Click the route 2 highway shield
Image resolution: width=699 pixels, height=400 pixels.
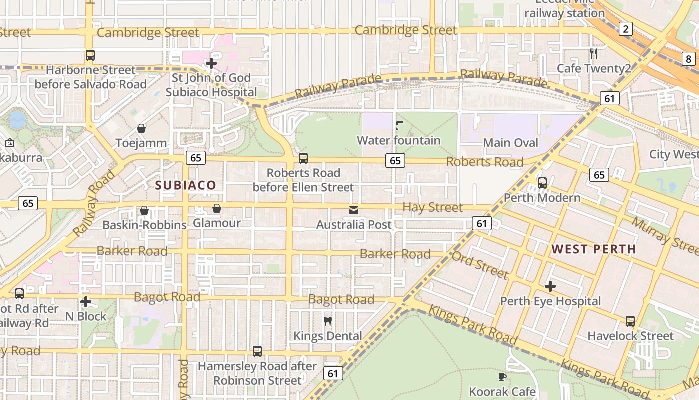pos(625,29)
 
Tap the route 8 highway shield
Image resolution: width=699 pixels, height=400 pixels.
pos(689,59)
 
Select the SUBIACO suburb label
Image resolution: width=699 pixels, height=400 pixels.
pos(186,185)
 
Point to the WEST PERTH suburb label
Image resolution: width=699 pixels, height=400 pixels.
pos(593,249)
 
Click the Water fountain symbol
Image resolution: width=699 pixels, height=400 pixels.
pos(399,125)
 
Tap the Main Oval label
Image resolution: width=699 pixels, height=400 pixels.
pos(511,143)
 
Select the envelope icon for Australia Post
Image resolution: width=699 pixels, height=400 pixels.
pos(354,210)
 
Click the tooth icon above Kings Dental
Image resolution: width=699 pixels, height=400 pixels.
pos(328,321)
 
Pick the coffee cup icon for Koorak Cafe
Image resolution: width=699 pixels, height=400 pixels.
pos(502,377)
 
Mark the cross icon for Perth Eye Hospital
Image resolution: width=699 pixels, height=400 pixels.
pos(550,286)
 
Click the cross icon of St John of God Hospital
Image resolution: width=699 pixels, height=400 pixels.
pos(211,63)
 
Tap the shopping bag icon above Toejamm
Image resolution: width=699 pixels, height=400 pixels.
pos(141,128)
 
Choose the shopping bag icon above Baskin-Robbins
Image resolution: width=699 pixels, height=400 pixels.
pos(144,210)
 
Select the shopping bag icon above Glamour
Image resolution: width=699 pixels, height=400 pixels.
pos(217,208)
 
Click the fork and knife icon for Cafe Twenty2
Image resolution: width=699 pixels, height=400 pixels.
pos(594,53)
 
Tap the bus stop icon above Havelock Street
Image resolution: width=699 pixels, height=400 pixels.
pos(630,321)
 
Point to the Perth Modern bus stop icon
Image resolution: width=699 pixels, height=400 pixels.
pos(542,183)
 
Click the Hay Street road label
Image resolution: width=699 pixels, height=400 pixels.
pos(432,207)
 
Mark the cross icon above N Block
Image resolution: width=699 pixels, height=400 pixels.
pos(86,302)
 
